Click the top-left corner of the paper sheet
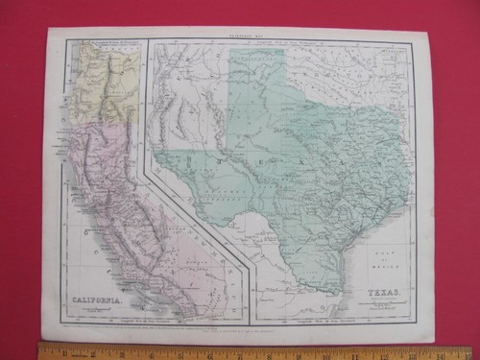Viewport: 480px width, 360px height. (47, 30)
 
